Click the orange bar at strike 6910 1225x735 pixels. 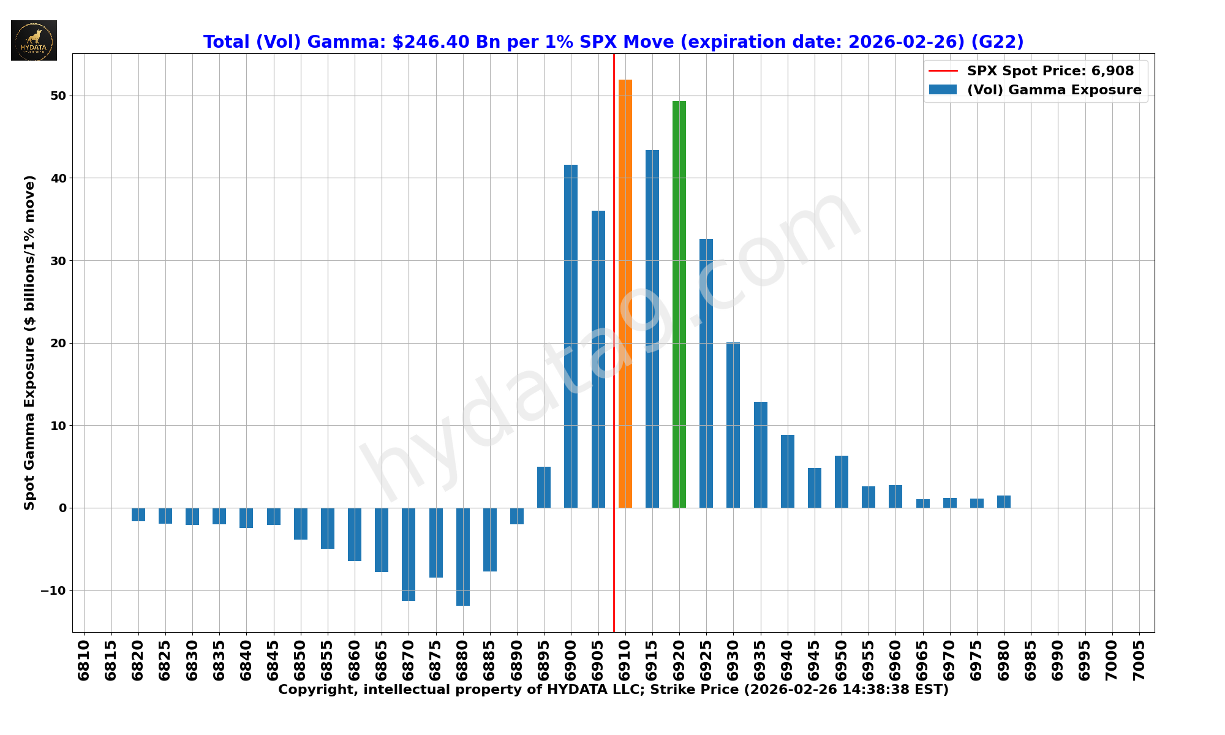(625, 294)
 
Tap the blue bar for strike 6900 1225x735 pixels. (571, 336)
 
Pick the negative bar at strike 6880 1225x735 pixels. (463, 557)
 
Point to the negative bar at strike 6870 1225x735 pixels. (409, 554)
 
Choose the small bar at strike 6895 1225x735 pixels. (544, 488)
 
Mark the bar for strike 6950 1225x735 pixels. (842, 482)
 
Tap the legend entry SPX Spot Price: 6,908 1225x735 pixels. (1050, 71)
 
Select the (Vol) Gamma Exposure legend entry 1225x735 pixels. (1053, 90)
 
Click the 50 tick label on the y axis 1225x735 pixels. (58, 96)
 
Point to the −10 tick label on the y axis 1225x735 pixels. (54, 591)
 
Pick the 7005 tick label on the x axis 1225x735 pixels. (1139, 660)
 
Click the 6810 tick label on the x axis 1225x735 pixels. (84, 660)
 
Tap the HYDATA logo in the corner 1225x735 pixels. (34, 40)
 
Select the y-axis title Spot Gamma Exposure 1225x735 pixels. (29, 342)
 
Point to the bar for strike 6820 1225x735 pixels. (138, 514)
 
